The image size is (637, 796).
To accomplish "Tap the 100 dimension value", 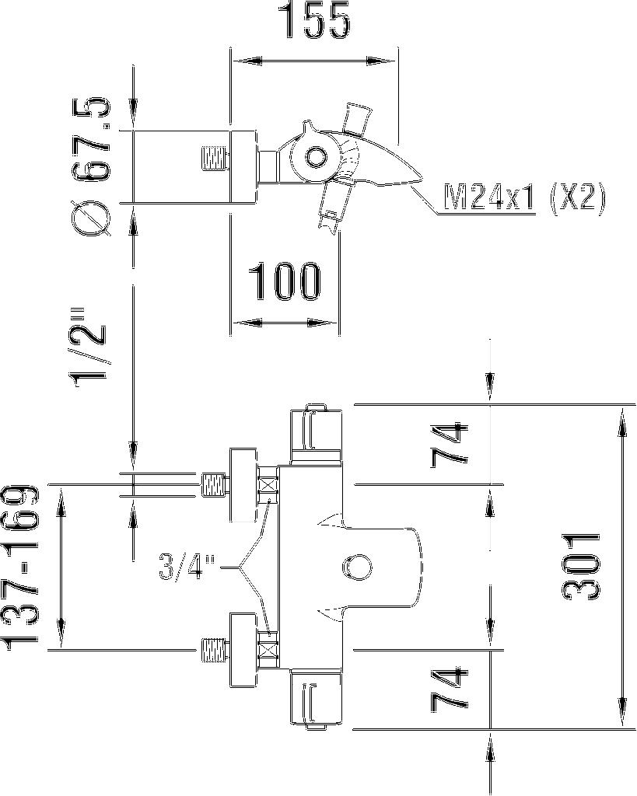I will click(x=284, y=283).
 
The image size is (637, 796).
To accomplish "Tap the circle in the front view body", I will click(x=359, y=567).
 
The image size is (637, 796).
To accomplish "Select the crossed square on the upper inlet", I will click(x=269, y=485).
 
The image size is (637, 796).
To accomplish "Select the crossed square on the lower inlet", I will click(x=269, y=648).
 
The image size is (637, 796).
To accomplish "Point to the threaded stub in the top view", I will click(x=215, y=159).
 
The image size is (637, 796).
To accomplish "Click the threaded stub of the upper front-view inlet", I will click(x=213, y=485).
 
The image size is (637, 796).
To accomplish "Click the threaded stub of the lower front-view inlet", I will click(x=213, y=648).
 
